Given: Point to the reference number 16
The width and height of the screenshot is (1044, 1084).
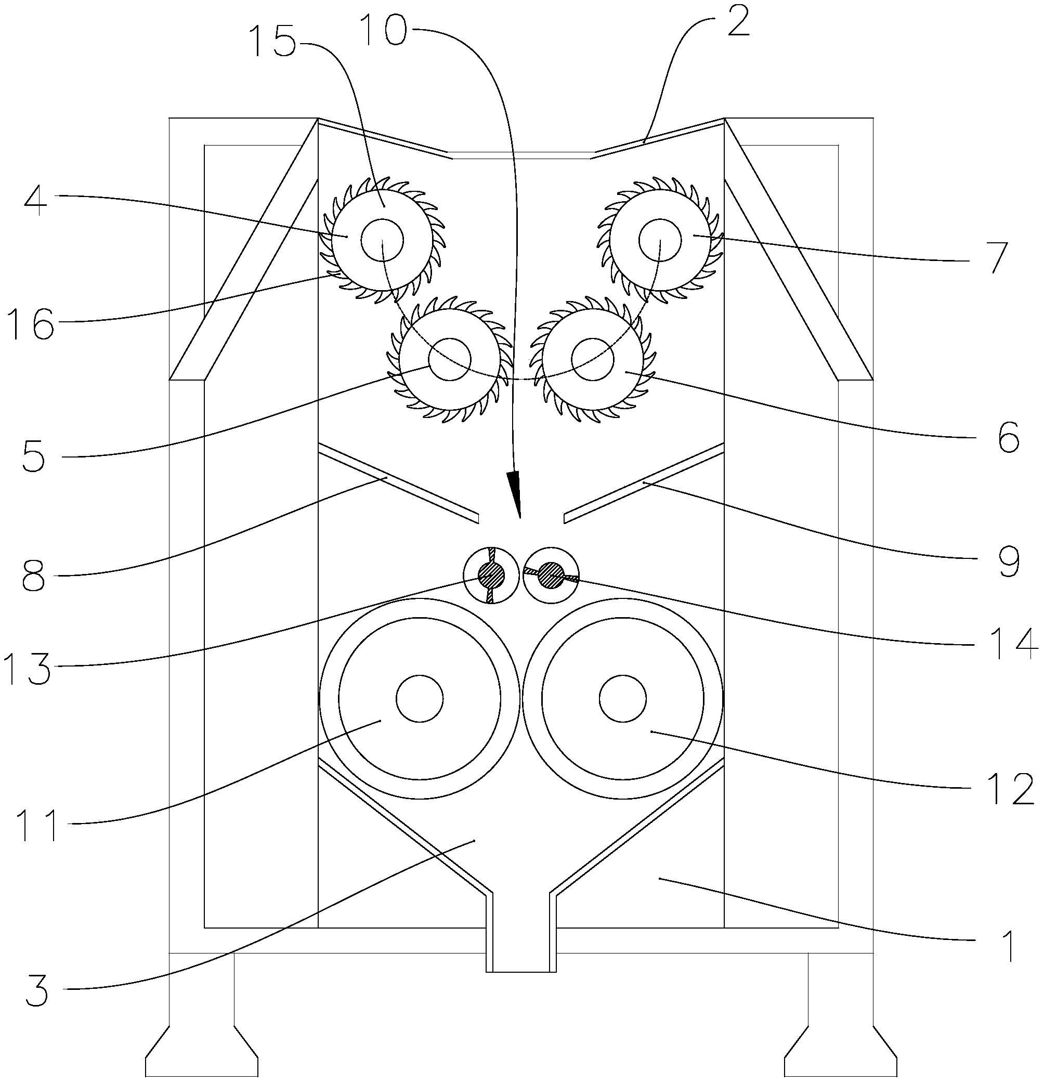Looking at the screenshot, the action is [x=31, y=324].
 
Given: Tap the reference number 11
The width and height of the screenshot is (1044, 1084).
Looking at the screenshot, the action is [x=37, y=825].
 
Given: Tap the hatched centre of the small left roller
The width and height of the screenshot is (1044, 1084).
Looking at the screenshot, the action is [x=491, y=576].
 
